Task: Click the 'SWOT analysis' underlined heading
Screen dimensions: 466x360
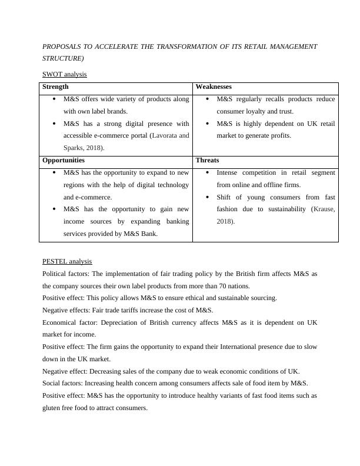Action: coord(65,74)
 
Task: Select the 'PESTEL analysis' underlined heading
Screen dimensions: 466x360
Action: coord(67,261)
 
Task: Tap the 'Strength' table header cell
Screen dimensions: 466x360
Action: coord(56,86)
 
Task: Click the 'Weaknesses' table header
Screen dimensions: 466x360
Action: coord(214,86)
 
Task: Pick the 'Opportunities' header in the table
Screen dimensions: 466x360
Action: coord(64,160)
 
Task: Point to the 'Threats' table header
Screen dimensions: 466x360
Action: coord(207,160)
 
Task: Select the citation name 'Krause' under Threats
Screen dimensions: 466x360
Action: coord(324,209)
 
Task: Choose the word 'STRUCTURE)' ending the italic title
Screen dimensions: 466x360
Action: coord(63,59)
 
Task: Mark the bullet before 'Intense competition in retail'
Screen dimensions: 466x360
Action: coord(208,173)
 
